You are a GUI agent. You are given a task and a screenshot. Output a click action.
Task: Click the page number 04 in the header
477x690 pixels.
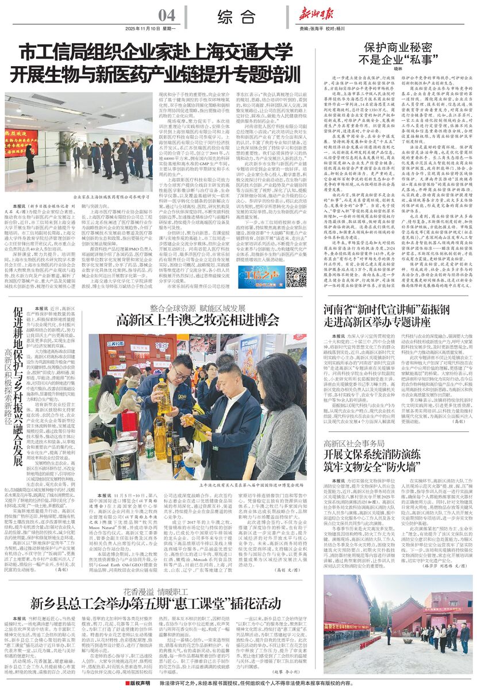tap(167, 14)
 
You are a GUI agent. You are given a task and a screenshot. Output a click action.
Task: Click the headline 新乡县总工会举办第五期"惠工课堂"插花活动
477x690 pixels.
tap(155, 603)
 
